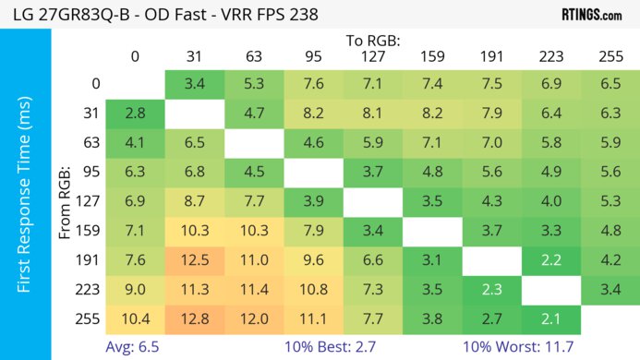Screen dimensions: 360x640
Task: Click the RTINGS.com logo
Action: [x=592, y=14]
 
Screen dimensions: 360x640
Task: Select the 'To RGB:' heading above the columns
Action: [x=373, y=41]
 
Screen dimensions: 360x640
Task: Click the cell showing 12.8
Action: [x=195, y=319]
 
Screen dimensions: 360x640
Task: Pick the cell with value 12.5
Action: [x=195, y=261]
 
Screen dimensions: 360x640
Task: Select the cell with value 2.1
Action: [x=550, y=319]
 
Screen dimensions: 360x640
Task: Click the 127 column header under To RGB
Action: [x=373, y=55]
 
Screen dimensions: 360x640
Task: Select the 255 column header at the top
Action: [x=610, y=55]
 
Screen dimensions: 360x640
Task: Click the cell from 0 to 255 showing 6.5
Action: [x=610, y=84]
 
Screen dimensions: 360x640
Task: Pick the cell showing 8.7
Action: [x=195, y=202]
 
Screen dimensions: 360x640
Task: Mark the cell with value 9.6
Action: [x=314, y=261]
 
